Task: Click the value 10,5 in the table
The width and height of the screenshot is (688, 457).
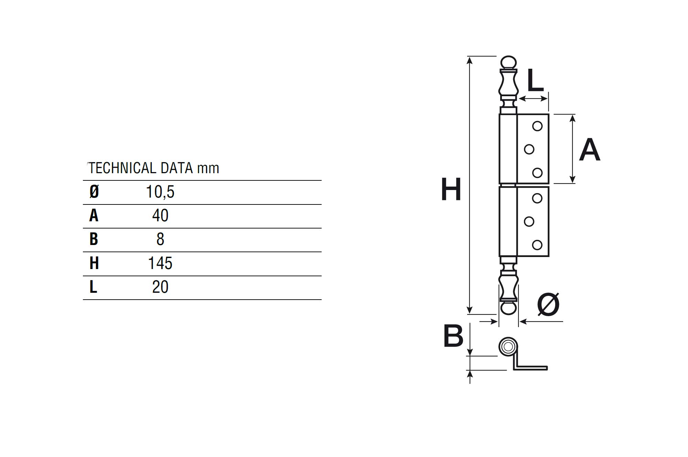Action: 160,192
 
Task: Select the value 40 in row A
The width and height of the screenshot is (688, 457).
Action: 160,215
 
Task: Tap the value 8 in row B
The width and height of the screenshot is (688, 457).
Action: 160,239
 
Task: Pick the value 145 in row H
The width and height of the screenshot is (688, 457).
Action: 160,263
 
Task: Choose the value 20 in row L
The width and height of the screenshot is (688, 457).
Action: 160,287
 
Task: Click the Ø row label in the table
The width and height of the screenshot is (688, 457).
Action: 94,192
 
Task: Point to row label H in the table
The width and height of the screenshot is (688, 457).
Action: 94,263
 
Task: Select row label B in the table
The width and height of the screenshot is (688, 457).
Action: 94,239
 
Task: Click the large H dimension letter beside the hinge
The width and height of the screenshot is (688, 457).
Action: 451,189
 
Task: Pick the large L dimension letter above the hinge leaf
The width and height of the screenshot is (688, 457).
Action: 535,80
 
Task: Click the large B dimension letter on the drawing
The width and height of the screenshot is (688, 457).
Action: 453,336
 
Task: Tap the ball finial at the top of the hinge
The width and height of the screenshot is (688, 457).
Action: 508,63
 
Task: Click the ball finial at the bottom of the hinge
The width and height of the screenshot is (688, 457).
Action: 508,308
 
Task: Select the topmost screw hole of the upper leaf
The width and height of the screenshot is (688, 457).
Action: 537,126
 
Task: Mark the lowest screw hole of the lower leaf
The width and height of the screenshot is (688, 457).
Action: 537,245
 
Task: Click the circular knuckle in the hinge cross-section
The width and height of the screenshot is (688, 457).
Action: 508,346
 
